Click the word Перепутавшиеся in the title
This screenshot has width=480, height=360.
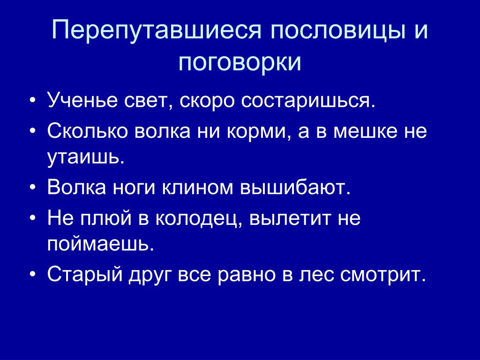[157, 30]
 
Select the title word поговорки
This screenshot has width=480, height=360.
[240, 63]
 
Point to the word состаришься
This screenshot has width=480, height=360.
[308, 101]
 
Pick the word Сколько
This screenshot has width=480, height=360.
[88, 131]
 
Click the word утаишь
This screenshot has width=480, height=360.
[86, 158]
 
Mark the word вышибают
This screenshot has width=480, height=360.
[295, 187]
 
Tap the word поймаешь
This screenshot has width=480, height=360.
[100, 244]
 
